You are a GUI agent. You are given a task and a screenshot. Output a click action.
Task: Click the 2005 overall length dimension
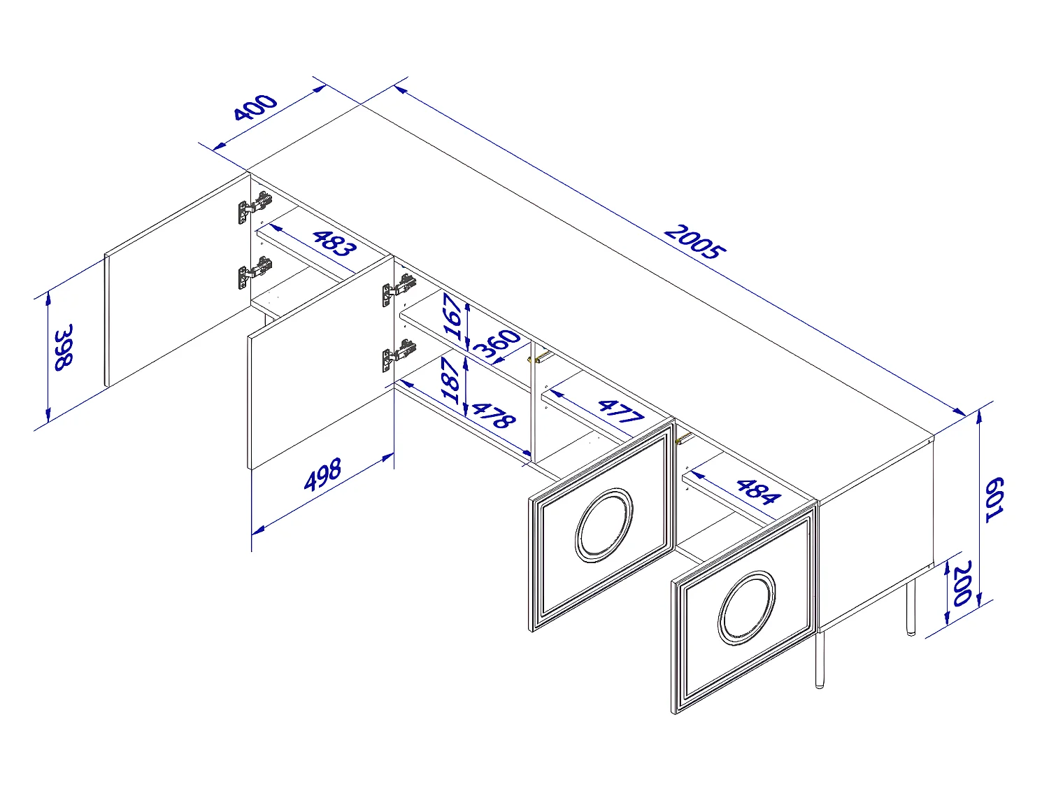[x=694, y=242]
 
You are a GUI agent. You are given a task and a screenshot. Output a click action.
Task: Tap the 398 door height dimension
[x=64, y=347]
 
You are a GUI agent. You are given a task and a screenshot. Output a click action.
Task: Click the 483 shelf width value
[x=334, y=242]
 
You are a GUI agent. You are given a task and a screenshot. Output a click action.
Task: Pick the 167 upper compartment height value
[x=454, y=317]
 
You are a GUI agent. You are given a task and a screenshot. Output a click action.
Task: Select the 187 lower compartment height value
[x=452, y=380]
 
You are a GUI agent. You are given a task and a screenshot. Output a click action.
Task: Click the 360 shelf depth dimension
[x=498, y=344]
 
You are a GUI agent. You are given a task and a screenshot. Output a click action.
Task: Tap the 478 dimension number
[x=493, y=415]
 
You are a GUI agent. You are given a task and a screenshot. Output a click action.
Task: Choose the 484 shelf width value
[x=757, y=491]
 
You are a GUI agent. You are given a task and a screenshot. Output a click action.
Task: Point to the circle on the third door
[x=604, y=525]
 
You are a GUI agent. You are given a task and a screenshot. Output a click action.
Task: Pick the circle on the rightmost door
[x=747, y=607]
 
